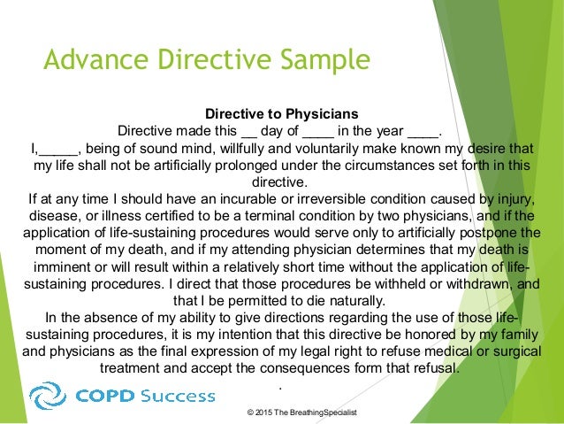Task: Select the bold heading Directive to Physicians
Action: point(281,114)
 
